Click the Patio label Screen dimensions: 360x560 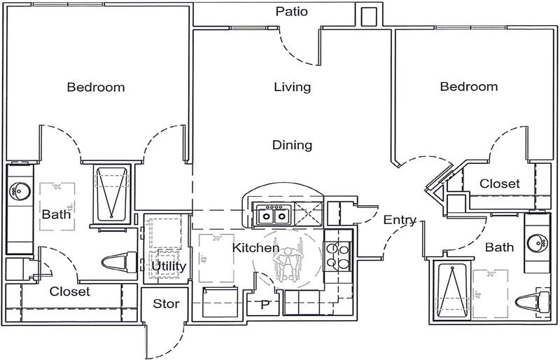292,11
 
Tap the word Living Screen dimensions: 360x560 292,88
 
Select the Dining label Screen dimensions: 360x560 292,146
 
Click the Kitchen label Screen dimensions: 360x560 255,248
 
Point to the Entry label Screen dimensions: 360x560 400,220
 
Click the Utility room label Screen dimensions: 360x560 168,267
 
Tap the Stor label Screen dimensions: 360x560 166,304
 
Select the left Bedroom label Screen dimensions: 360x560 96,88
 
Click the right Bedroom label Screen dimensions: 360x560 469,87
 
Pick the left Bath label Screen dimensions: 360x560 56,214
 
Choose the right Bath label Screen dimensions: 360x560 499,247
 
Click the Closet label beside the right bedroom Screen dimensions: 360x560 500,184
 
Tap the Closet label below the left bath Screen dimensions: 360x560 70,291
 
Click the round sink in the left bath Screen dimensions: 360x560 17,191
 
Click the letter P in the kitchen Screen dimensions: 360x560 265,305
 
